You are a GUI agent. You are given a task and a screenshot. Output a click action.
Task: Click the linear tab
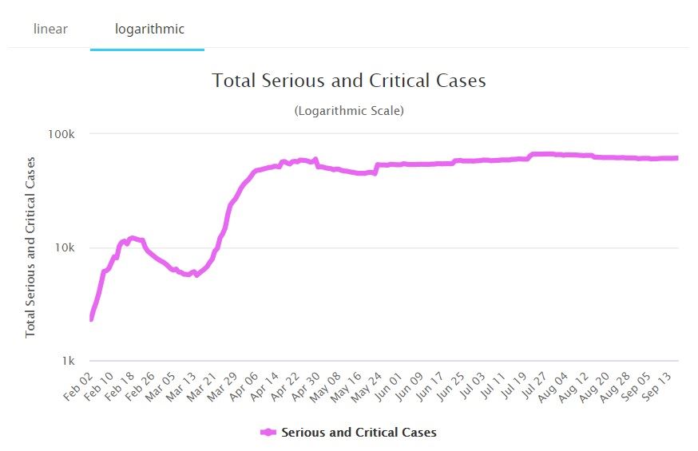click(x=50, y=30)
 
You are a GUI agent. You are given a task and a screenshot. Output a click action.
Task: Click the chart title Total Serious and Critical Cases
click(x=349, y=81)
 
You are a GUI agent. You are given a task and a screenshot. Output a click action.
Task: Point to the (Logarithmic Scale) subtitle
click(x=349, y=111)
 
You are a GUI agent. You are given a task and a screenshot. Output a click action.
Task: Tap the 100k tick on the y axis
click(x=60, y=134)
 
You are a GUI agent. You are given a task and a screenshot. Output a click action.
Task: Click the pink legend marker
click(x=268, y=433)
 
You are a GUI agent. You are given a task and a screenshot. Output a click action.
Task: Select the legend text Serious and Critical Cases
click(x=359, y=433)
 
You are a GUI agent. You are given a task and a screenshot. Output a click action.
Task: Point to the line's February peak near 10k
click(x=132, y=238)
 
